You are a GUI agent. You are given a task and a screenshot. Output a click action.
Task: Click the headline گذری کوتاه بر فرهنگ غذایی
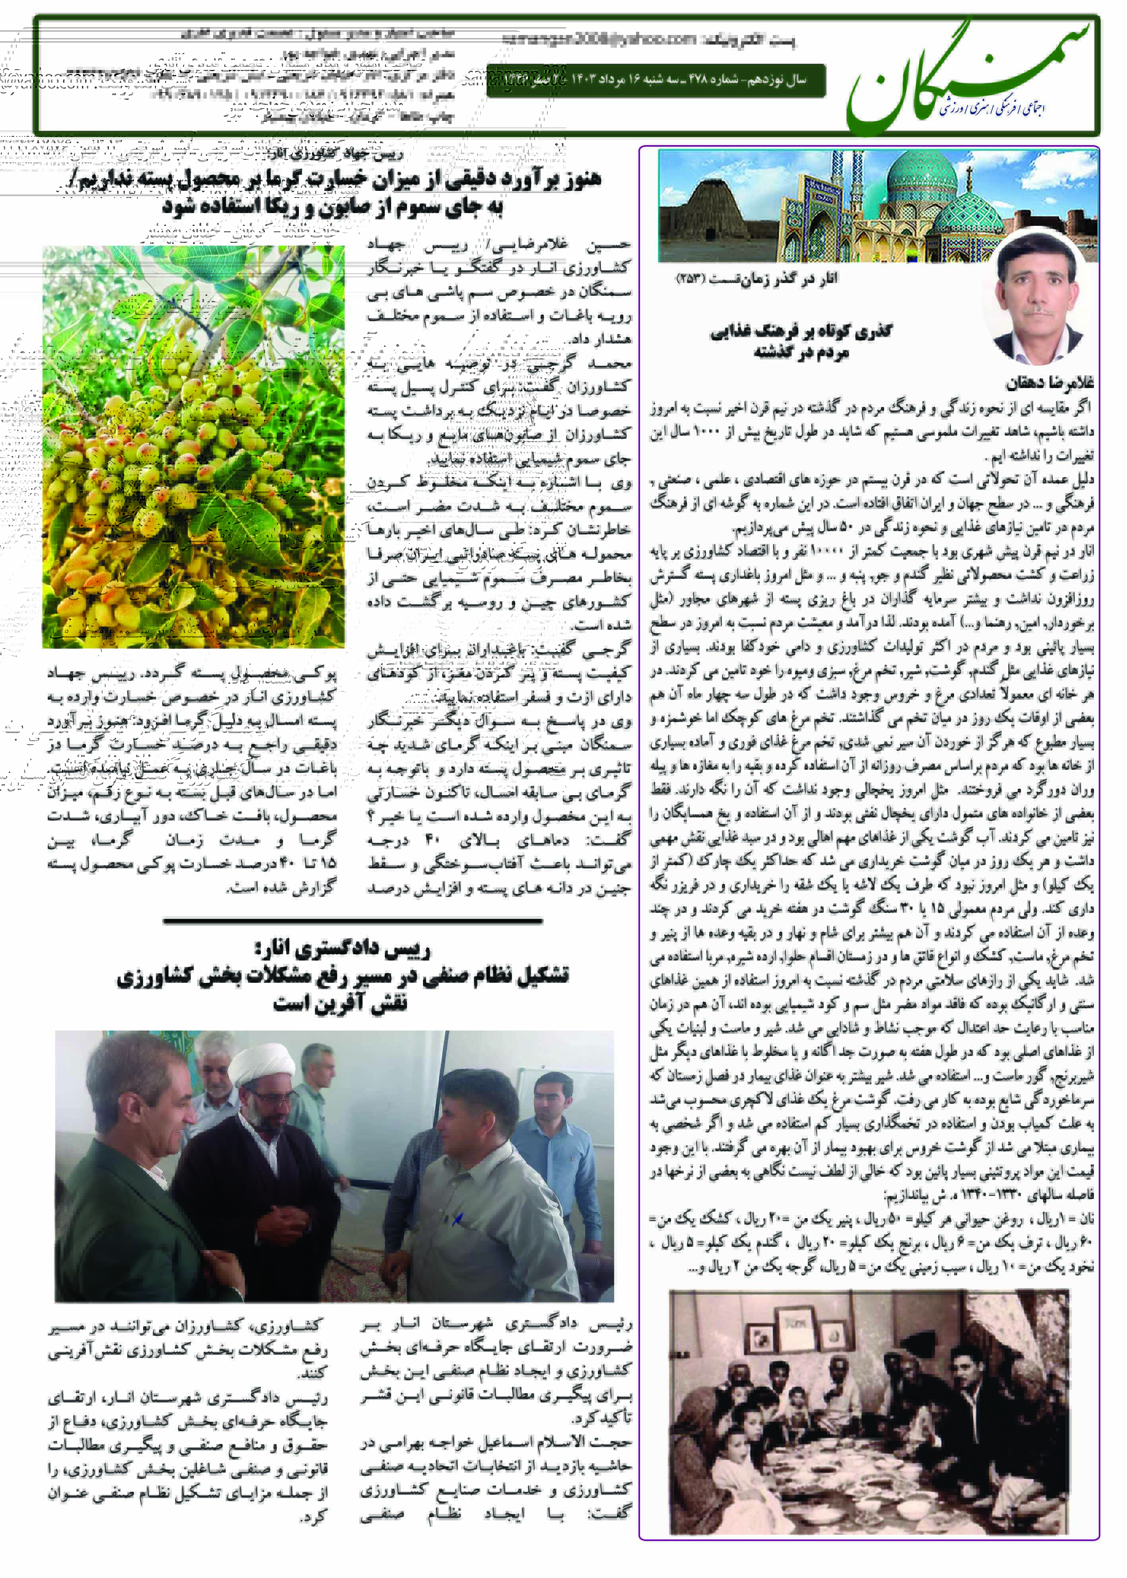[x=801, y=332]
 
